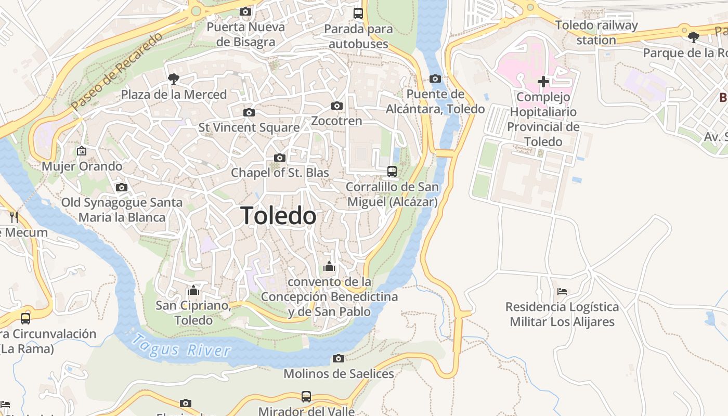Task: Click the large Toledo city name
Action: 278,216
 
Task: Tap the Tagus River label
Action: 180,347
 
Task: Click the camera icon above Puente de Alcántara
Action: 435,79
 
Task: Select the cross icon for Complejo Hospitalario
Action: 543,82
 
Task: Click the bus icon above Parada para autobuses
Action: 358,14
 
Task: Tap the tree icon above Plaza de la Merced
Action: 174,79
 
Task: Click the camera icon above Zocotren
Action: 337,106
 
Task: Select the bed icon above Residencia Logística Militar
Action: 562,292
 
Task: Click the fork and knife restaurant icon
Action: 14,217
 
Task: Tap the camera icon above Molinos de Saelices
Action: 339,358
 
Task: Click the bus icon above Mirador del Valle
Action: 306,397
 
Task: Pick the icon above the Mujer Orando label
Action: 82,151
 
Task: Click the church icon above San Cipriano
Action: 193,290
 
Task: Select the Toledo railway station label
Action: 596,32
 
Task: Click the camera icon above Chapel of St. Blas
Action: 280,158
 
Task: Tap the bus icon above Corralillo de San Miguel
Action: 392,171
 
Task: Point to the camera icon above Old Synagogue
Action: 122,187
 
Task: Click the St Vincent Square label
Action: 249,127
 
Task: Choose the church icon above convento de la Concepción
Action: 329,267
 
